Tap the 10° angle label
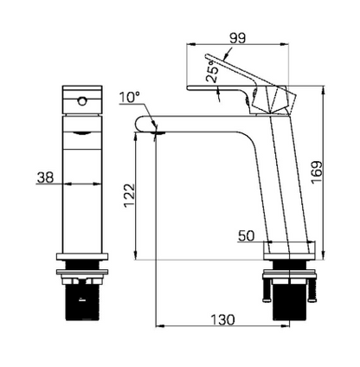click(131, 99)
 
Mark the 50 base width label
click(246, 235)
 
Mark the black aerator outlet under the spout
click(156, 132)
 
